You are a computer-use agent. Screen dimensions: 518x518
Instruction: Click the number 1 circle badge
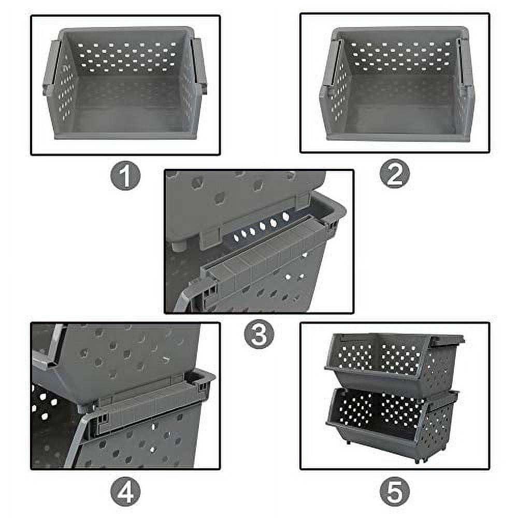125,176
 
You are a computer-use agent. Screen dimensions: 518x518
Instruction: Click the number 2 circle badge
394,176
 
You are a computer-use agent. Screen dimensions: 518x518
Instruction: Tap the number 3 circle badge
259,335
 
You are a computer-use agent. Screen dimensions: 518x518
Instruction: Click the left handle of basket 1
52,67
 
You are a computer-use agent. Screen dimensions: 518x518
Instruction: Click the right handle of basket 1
199,65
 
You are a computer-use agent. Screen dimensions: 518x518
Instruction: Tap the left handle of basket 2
330,67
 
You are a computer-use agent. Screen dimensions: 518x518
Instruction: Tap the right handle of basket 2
464,65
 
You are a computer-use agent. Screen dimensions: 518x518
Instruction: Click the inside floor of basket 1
127,111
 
